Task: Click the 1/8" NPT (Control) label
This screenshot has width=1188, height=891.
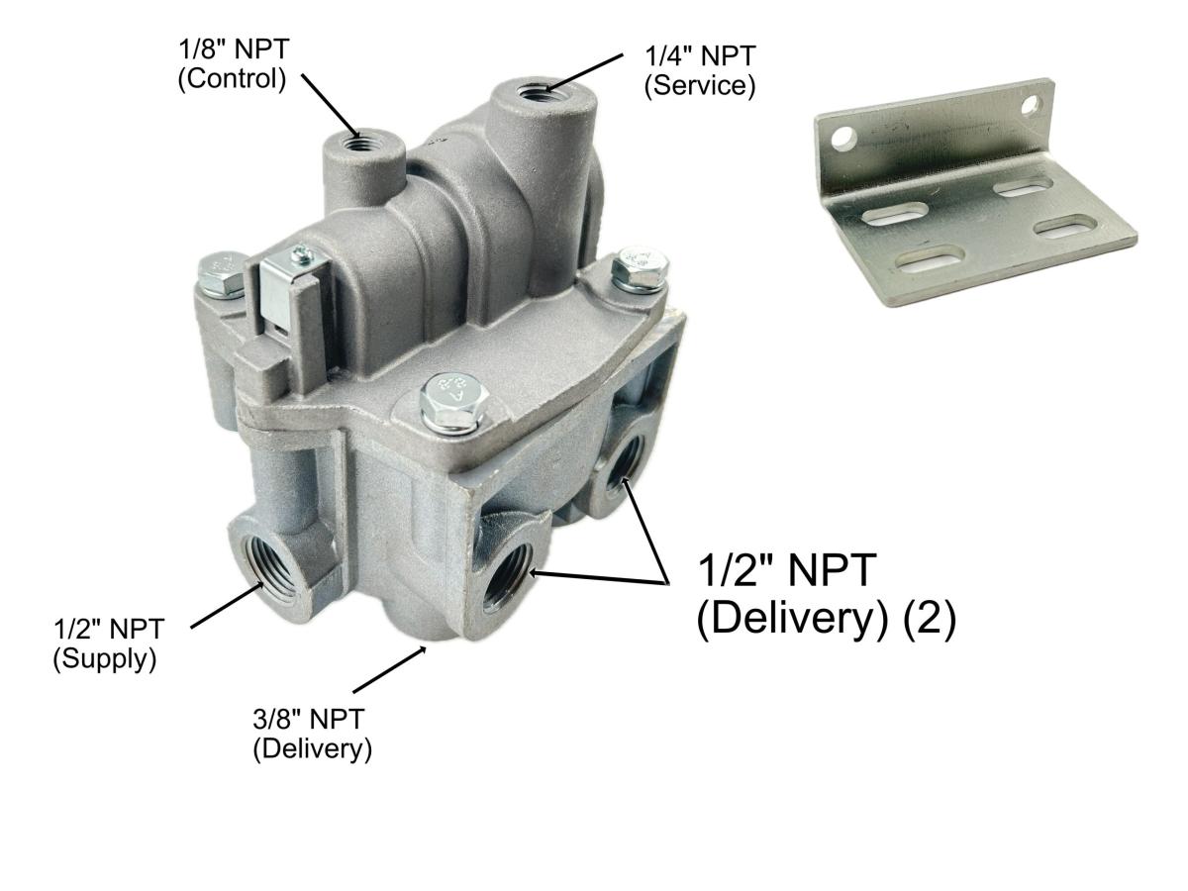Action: (x=232, y=65)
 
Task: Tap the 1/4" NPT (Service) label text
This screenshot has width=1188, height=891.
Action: (x=700, y=72)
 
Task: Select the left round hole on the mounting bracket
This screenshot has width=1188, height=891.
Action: (x=843, y=138)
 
